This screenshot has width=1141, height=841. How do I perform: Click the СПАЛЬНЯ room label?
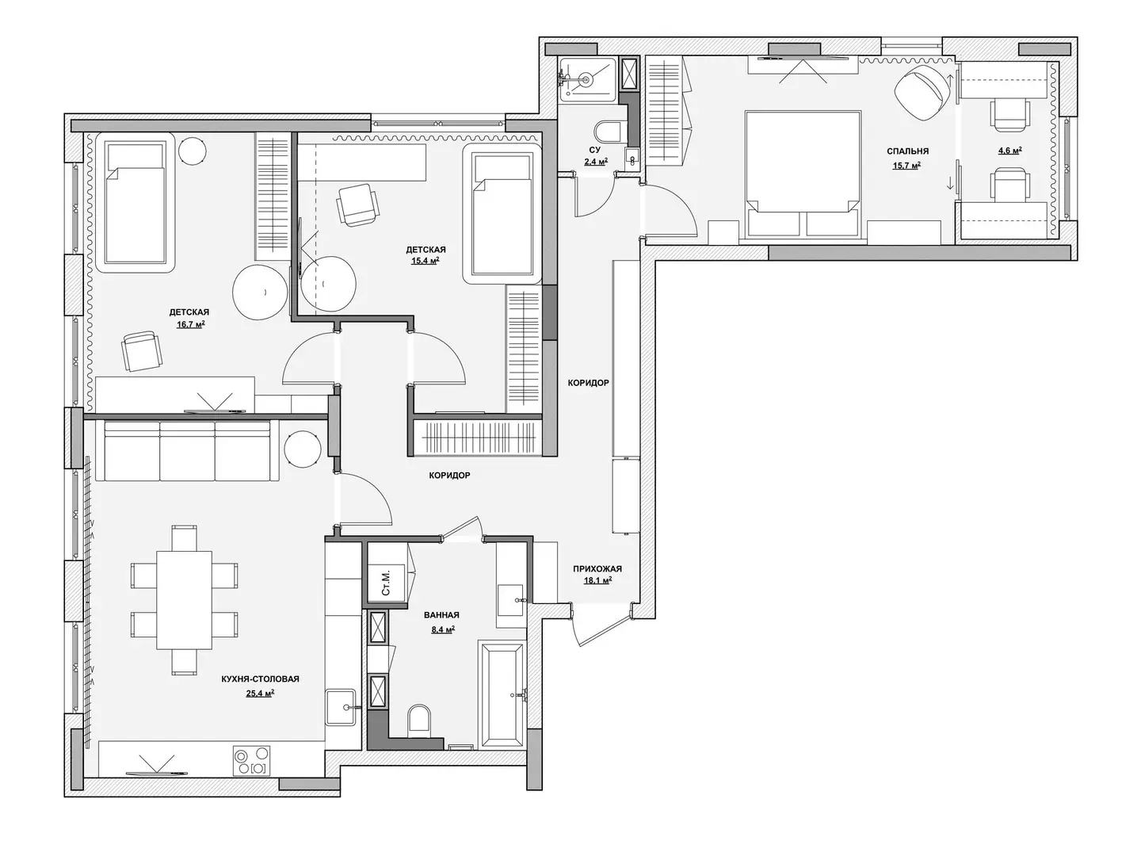907,151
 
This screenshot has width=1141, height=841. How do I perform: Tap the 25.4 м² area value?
260,694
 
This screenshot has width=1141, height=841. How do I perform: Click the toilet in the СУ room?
610,132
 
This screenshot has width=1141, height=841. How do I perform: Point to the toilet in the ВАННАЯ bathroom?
419,721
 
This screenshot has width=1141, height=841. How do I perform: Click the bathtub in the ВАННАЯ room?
502,695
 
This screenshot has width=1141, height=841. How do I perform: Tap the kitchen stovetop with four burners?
252,761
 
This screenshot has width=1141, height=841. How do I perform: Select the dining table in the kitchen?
184,600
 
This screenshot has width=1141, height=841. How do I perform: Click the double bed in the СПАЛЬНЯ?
803,174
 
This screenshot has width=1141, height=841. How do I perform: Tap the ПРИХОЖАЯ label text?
597,569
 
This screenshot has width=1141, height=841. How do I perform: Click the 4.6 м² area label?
1009,151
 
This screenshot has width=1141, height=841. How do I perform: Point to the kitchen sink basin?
341,707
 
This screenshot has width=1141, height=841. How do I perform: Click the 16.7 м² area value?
190,324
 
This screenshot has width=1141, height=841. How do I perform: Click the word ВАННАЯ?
441,615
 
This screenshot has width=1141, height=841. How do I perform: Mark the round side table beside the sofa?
303,449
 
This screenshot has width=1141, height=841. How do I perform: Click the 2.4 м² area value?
596,162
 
